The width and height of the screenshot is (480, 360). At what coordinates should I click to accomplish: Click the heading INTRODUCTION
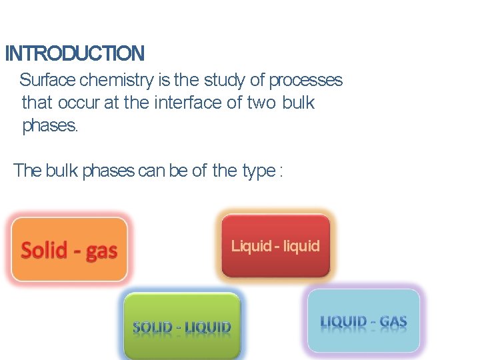coord(74,53)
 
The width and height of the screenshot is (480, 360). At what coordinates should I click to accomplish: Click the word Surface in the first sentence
coord(47,81)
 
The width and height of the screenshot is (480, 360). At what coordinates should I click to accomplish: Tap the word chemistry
coord(117,81)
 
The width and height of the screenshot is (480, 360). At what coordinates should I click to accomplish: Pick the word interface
coord(183,103)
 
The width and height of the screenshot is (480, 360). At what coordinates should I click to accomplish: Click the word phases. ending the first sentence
coord(50,125)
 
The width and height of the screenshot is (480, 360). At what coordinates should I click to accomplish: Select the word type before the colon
coord(259,171)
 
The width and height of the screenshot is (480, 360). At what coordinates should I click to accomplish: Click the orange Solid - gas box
coord(69,249)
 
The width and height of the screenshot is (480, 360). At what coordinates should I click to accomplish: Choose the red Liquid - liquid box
coord(275,245)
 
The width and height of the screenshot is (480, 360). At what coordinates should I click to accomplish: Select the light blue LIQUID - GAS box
coord(363,321)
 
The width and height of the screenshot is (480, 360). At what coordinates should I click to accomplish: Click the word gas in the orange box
coord(102,251)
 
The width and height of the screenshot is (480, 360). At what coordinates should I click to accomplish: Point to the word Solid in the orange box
coord(45,250)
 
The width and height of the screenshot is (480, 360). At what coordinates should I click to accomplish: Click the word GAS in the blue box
coord(393,323)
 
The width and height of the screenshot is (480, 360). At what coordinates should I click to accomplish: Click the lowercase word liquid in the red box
coord(301,245)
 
